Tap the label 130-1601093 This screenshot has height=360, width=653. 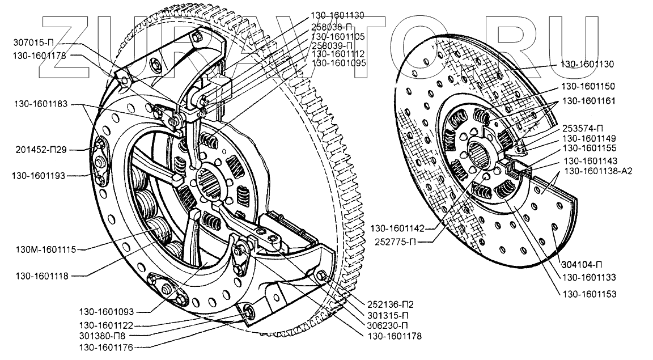click(x=107, y=312)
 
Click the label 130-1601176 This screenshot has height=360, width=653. click(x=107, y=346)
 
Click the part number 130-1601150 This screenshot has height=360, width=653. click(x=588, y=86)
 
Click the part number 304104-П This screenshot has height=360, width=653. click(x=583, y=265)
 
